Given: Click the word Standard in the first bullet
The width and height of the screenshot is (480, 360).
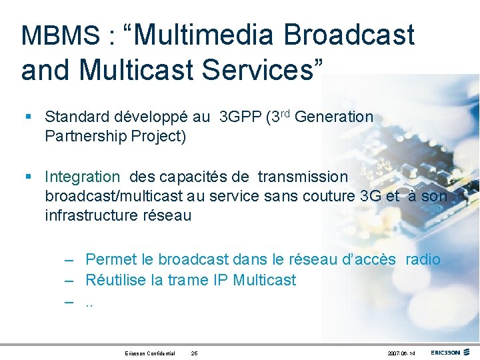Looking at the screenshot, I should point(74,117).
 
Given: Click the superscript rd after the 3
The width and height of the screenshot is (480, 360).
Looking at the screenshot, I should point(285,113).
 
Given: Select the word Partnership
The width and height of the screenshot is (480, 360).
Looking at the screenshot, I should point(84,137).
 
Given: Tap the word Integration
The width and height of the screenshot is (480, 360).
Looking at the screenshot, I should point(83,177).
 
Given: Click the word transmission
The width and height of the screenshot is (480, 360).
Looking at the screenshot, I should point(303,177).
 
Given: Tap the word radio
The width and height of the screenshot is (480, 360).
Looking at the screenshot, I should point(423,259).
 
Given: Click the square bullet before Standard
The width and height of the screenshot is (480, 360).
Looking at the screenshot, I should point(27,117).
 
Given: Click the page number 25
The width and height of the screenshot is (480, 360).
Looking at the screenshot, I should point(194,353).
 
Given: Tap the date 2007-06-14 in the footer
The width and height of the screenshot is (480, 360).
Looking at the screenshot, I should point(400,353).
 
